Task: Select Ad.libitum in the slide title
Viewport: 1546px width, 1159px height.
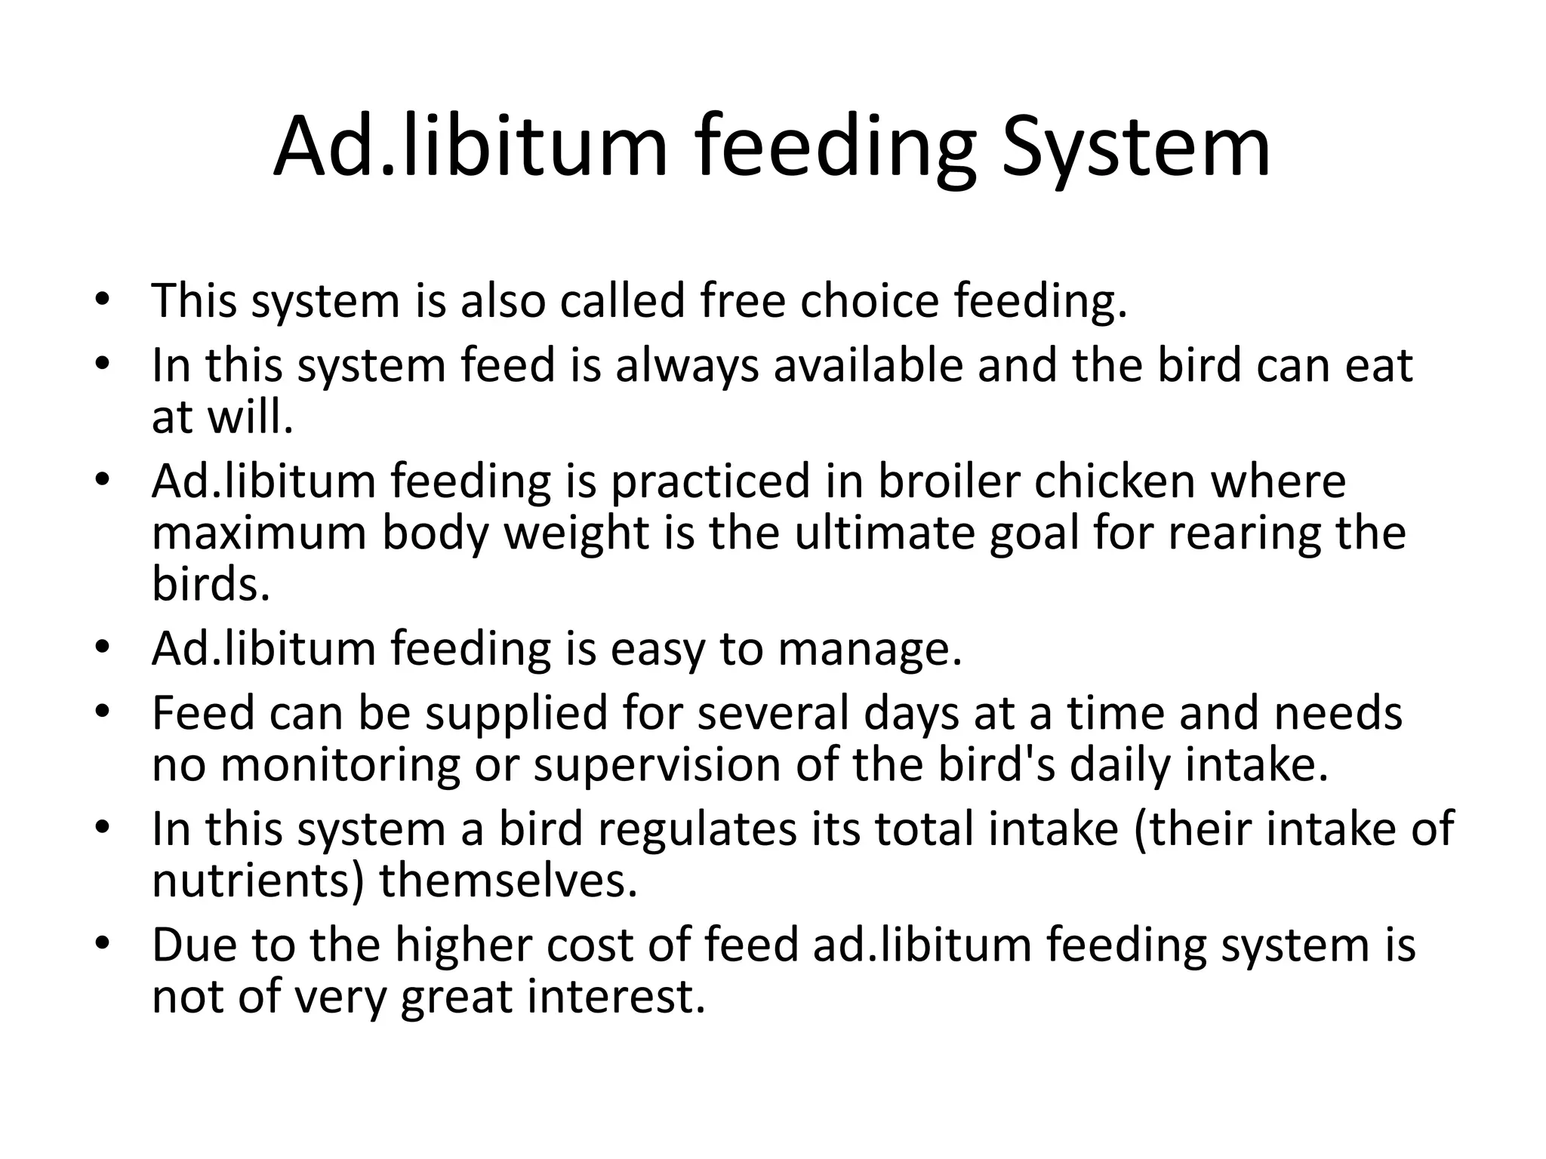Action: click(x=471, y=147)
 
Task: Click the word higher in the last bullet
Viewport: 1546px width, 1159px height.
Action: click(x=463, y=945)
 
